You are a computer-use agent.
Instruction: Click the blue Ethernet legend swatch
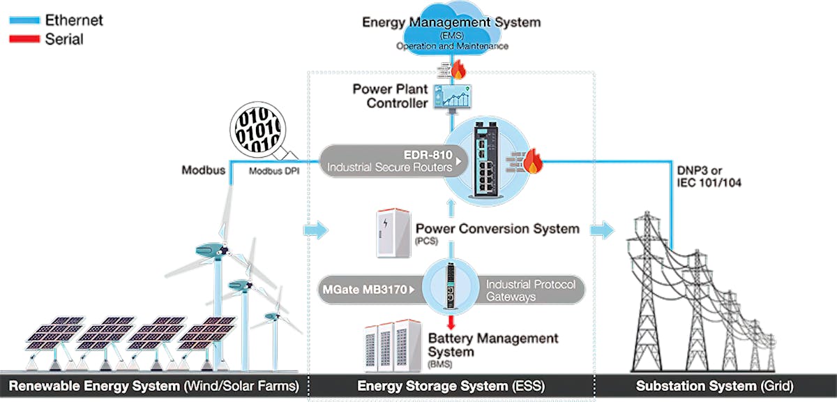pyautogui.click(x=24, y=21)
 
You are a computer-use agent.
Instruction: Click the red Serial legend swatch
pyautogui.click(x=24, y=40)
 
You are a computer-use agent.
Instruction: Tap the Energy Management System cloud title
pyautogui.click(x=451, y=22)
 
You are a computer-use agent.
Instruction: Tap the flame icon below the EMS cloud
pyautogui.click(x=458, y=69)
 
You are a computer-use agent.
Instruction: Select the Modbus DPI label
pyautogui.click(x=274, y=171)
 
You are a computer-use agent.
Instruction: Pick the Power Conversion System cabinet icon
pyautogui.click(x=391, y=232)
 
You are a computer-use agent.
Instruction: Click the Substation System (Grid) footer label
pyautogui.click(x=714, y=386)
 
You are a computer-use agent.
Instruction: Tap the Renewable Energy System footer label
pyautogui.click(x=153, y=386)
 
